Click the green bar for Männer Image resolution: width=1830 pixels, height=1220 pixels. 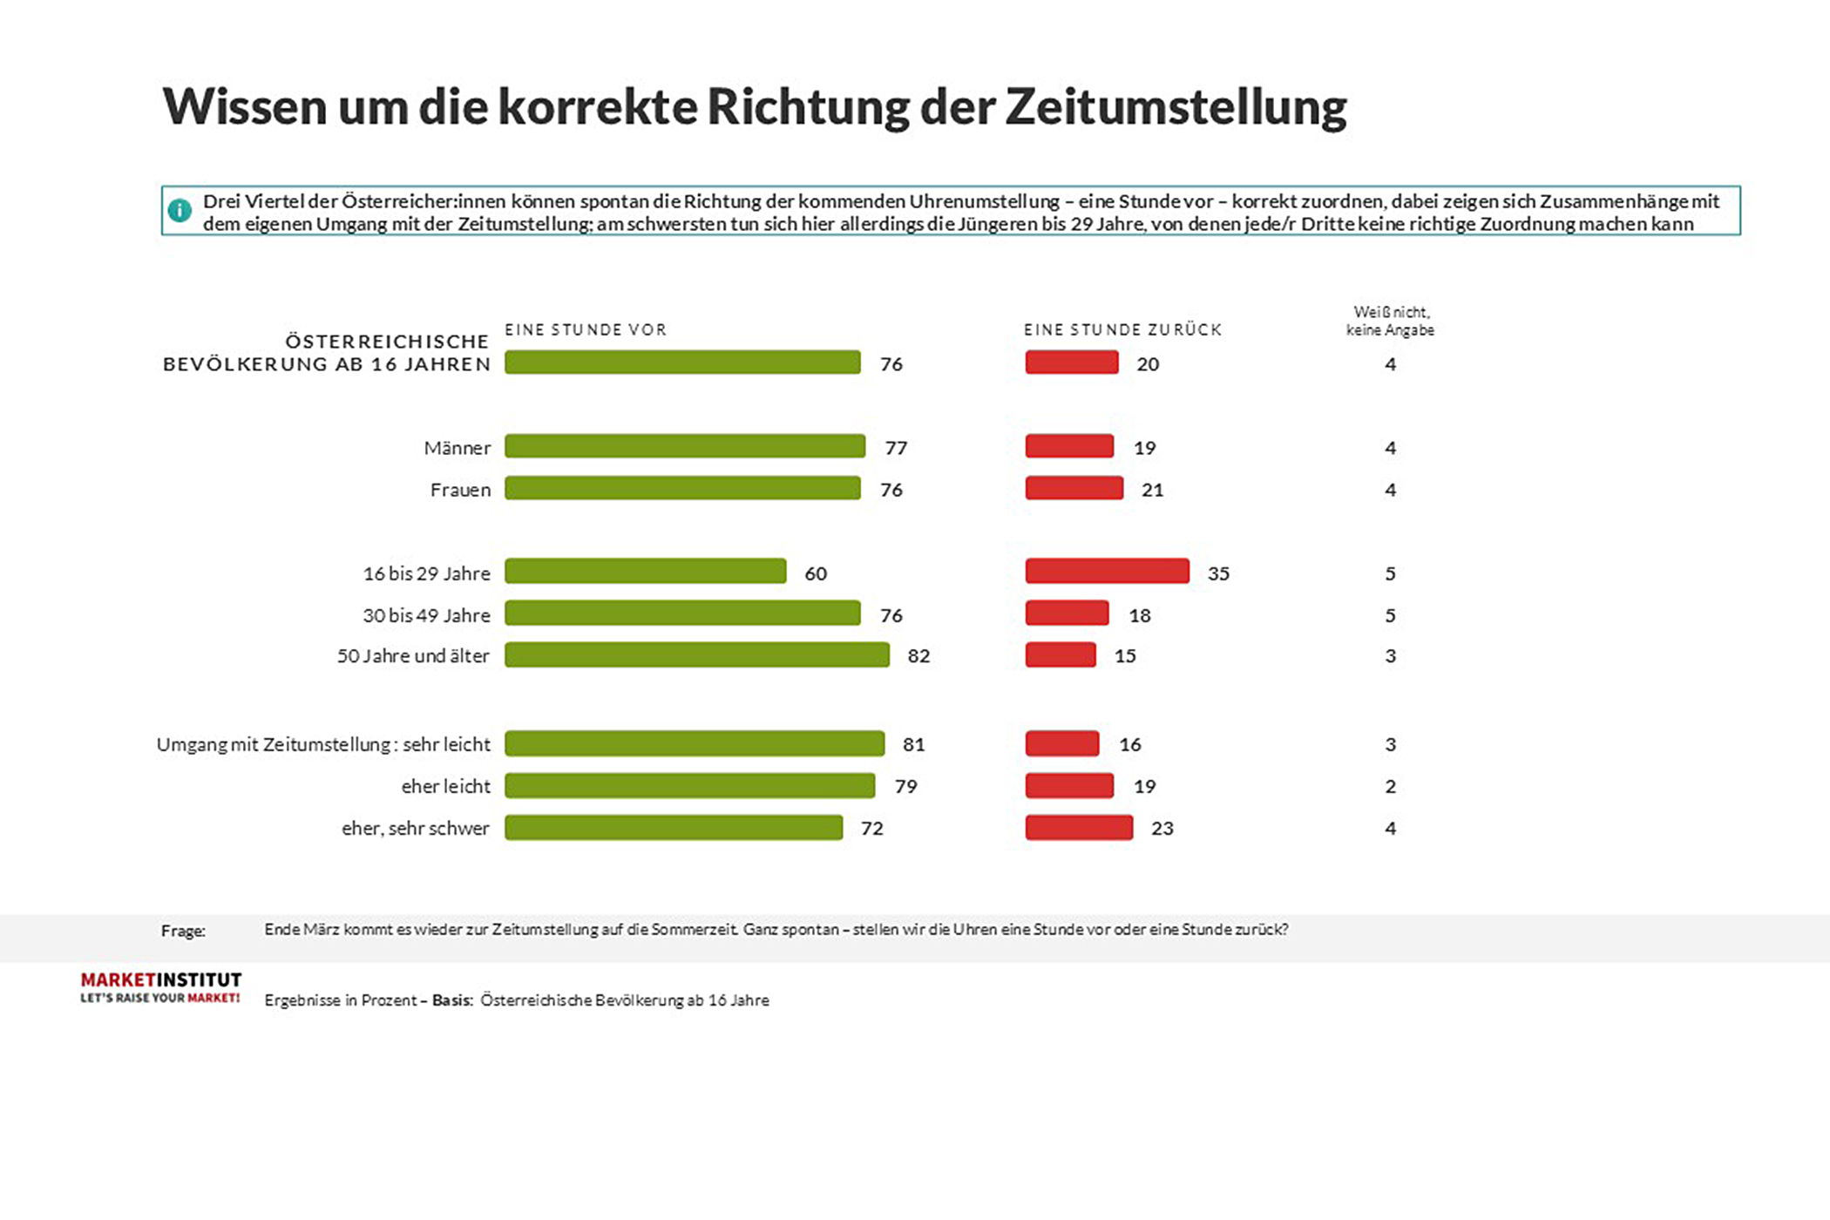click(x=685, y=446)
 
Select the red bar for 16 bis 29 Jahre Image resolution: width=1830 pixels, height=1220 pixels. click(x=1107, y=572)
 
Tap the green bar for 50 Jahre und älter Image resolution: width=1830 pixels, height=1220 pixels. click(x=697, y=655)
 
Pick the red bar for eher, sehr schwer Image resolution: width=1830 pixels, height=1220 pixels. click(x=1079, y=828)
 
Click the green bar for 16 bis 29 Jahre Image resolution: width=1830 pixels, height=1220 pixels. click(x=645, y=572)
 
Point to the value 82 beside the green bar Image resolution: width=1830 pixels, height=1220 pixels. click(x=918, y=656)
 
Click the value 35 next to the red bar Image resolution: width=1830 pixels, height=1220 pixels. click(x=1218, y=573)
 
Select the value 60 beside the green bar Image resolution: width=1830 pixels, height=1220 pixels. click(x=816, y=573)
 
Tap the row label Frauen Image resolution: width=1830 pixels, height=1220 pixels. click(x=460, y=490)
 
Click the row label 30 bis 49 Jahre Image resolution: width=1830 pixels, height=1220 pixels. click(x=426, y=615)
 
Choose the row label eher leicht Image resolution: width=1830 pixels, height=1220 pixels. click(x=445, y=786)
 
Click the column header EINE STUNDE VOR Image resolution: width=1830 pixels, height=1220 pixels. click(x=586, y=329)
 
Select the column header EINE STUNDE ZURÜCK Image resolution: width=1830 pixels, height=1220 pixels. click(x=1122, y=329)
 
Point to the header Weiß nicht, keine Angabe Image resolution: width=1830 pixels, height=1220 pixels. click(x=1390, y=321)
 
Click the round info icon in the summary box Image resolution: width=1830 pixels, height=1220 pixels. click(x=180, y=210)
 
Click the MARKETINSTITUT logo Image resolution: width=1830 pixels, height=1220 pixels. click(x=161, y=987)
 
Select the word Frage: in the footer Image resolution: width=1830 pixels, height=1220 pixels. click(x=183, y=931)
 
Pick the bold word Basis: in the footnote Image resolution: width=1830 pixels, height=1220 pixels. click(x=452, y=1000)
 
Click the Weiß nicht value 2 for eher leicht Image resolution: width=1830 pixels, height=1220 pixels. click(x=1390, y=786)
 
